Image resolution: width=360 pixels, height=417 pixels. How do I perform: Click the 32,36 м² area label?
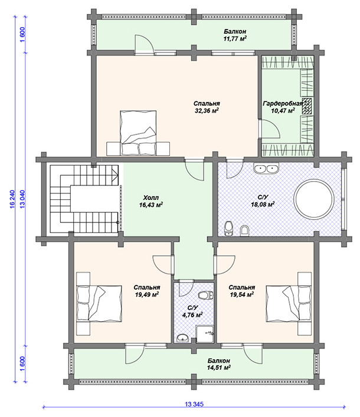coord(207,110)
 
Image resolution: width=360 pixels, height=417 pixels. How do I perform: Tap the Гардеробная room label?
coord(283,103)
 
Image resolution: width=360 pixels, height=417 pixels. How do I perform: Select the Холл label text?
coord(151,198)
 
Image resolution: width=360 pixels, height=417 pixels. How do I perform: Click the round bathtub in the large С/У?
coord(314,199)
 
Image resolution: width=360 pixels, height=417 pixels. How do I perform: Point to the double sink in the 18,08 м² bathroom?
coord(266,169)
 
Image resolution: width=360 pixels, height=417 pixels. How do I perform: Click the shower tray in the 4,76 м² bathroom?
coord(205,334)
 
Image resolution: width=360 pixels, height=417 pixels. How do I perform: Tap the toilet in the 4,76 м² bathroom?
coord(206,295)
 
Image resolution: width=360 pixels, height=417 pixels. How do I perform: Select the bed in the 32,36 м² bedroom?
coord(138,133)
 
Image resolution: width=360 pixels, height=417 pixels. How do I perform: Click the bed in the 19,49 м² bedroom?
coord(99,303)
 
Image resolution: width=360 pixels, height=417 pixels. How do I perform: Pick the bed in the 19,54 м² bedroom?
coord(289,303)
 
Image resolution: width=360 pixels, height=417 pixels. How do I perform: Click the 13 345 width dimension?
coord(194,404)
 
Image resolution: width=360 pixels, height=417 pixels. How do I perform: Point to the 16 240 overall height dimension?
coord(12,199)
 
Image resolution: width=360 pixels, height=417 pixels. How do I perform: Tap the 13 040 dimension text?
coord(22,199)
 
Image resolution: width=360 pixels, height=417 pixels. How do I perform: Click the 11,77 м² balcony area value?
coord(235,39)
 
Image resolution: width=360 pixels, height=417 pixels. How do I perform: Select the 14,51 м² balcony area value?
coord(219,368)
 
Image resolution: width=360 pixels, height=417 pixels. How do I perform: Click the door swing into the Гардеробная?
coord(269,129)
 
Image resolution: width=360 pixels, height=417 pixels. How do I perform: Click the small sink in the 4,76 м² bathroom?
coord(182,339)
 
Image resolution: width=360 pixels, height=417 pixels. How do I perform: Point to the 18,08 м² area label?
coord(263,204)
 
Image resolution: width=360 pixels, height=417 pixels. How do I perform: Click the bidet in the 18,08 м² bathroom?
coord(244,231)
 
